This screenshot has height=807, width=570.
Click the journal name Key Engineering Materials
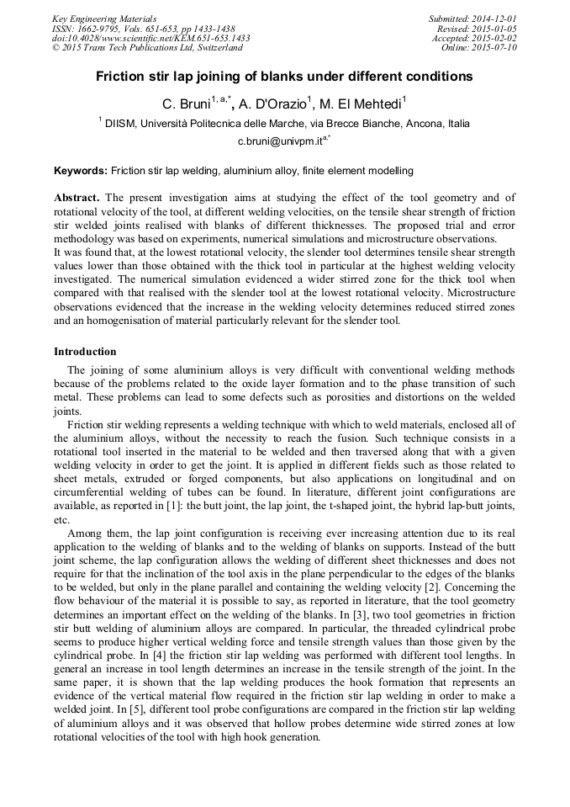point(104,19)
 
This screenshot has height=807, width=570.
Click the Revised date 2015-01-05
point(496,28)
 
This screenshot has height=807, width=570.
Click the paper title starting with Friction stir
point(284,77)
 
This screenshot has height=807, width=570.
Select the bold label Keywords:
point(81,171)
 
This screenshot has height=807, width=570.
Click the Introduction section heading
point(85,352)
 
